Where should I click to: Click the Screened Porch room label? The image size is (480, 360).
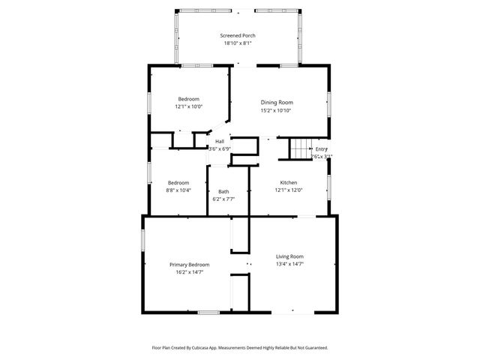point(239,35)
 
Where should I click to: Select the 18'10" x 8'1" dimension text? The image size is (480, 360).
point(239,43)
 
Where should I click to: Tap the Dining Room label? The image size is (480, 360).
point(276,102)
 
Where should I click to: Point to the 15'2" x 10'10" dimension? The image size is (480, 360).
point(276,110)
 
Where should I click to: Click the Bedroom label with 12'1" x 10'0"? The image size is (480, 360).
point(188,99)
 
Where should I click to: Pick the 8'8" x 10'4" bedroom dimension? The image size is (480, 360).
point(178,190)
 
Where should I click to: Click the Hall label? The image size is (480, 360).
point(220,141)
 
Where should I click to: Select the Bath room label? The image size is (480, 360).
point(223,191)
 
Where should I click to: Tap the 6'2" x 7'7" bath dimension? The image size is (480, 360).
point(223,199)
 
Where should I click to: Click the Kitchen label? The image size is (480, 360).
point(289,183)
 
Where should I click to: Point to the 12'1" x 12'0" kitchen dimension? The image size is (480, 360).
point(289,190)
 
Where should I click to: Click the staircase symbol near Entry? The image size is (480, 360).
point(301,149)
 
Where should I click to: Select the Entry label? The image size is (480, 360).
point(321,148)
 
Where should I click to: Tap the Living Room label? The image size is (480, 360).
point(290,256)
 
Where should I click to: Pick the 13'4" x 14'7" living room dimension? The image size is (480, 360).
point(290,264)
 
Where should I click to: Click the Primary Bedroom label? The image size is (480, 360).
point(189,264)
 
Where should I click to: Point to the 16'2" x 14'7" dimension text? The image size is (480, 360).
point(189,272)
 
